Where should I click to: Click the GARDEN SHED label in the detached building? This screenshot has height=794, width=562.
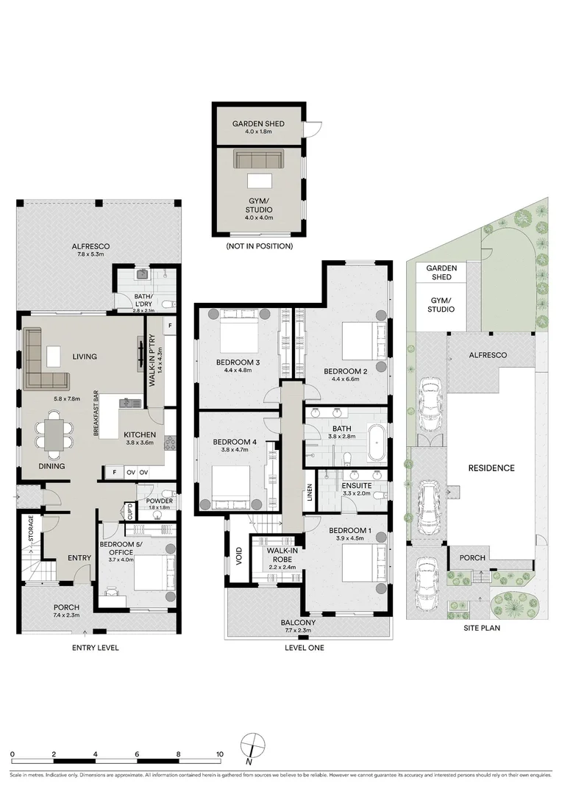click(x=258, y=124)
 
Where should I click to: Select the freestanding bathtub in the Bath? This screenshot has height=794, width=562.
click(x=377, y=443)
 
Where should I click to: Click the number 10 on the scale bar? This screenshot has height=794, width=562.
click(x=219, y=754)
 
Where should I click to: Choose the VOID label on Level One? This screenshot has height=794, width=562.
click(x=239, y=556)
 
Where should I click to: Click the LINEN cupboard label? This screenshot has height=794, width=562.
click(x=310, y=493)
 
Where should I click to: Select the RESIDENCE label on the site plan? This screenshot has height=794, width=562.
click(x=491, y=468)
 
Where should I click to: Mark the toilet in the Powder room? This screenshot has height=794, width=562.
click(x=167, y=495)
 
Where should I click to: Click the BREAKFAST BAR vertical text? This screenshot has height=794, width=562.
click(x=96, y=412)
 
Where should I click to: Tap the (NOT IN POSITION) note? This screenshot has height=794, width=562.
click(x=259, y=246)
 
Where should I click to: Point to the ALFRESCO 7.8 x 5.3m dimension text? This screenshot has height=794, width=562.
click(x=90, y=254)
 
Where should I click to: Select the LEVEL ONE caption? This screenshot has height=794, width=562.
click(x=304, y=647)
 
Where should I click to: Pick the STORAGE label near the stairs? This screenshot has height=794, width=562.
click(x=30, y=528)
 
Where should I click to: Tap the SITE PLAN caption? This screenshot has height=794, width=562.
click(x=482, y=628)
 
